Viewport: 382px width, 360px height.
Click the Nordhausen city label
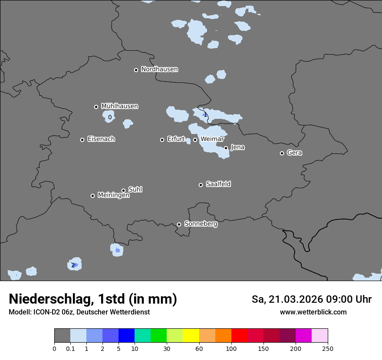point(159,69)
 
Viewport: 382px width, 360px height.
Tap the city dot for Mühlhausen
point(96,107)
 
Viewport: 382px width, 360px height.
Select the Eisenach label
point(101,139)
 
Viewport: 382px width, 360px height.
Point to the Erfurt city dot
point(162,140)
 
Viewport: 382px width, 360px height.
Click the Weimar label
point(212,139)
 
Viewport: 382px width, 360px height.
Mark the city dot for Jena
point(226,148)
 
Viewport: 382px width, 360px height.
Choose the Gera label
point(294,153)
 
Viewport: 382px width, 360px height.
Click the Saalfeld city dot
point(201,185)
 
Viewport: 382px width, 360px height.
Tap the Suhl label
point(135,190)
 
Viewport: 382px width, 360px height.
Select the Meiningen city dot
point(92,196)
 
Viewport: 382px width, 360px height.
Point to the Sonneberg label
point(201,224)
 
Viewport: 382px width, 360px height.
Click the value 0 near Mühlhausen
point(110,117)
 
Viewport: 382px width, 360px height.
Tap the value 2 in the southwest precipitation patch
point(73,265)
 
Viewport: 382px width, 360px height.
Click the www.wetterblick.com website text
point(313,312)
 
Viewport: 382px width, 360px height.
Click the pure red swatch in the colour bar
point(239,336)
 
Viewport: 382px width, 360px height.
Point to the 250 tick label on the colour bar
point(328,349)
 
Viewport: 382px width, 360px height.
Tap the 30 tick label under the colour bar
point(167,349)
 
